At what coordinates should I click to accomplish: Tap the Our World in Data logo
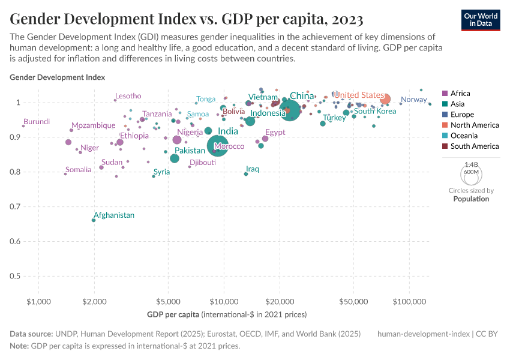point(480,19)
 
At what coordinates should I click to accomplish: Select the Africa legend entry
point(460,93)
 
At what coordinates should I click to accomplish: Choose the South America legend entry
point(474,146)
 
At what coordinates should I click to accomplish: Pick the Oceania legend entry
point(464,136)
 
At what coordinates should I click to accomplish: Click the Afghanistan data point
point(94,220)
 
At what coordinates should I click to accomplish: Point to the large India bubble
point(218,146)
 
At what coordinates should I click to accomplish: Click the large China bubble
point(290,110)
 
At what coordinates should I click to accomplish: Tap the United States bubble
point(385,99)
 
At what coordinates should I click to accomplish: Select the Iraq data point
point(246,174)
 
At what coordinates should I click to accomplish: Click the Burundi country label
point(37,122)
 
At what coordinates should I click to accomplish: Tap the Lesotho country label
point(128,96)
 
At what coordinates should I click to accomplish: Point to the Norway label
point(413,100)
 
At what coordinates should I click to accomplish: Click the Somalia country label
point(78,170)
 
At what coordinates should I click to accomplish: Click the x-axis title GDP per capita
point(227,314)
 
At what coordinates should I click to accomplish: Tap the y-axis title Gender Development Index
point(57,77)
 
